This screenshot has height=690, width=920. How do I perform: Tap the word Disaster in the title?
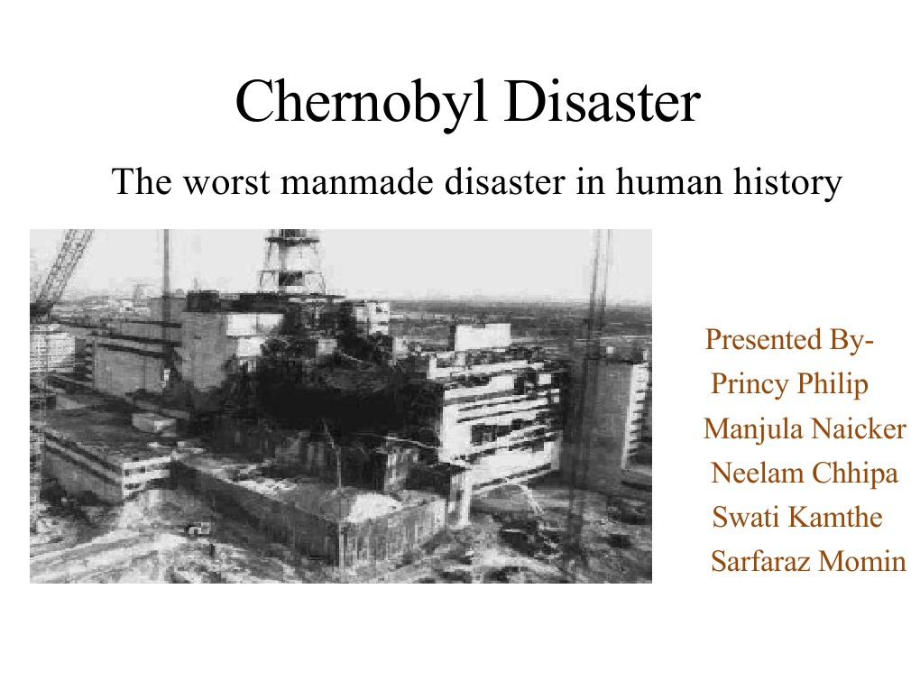[602, 101]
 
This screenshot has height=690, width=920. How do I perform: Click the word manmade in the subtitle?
[354, 182]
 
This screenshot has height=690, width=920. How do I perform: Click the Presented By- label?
[789, 340]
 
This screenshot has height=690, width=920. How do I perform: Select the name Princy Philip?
[789, 384]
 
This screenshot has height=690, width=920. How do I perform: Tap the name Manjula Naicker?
[804, 428]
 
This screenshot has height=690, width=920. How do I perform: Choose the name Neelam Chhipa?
[805, 473]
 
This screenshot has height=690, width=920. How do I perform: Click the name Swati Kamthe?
[797, 517]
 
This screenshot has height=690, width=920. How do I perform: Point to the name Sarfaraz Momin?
[807, 561]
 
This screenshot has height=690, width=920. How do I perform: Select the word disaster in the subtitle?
[495, 182]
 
